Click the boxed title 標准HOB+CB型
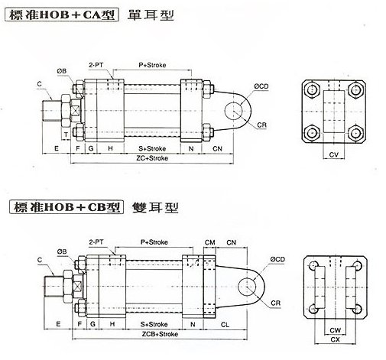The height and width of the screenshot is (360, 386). [x=63, y=206]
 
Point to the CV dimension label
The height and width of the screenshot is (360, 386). [x=333, y=154]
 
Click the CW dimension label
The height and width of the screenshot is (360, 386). [x=334, y=330]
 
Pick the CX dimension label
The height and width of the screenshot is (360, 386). [x=334, y=341]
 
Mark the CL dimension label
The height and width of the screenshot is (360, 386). [x=225, y=325]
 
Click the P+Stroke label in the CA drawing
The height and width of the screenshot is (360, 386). [x=153, y=66]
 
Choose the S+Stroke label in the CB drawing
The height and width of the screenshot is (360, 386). [x=152, y=325]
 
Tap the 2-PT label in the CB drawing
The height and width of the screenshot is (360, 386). [x=97, y=242]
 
